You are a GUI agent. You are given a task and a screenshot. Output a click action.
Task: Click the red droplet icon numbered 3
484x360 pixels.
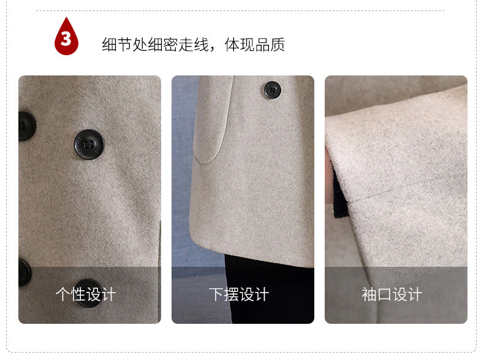[x=66, y=37]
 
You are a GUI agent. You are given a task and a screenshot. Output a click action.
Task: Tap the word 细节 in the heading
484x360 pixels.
[x=117, y=45]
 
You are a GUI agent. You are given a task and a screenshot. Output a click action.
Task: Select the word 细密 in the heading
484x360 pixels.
[x=163, y=45]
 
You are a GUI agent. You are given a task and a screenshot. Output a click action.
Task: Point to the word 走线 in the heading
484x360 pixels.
[x=194, y=45]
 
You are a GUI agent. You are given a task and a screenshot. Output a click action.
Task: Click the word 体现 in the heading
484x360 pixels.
[x=240, y=45]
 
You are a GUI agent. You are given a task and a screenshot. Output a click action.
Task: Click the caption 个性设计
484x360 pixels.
[x=86, y=294]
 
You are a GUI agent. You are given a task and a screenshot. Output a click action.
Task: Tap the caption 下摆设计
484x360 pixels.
[x=239, y=294]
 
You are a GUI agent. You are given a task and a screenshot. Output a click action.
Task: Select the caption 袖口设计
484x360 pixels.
[x=392, y=294]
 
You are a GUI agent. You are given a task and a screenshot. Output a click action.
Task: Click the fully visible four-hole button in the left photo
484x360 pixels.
[x=89, y=144]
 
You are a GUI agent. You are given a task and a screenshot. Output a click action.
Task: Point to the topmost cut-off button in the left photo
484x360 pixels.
[x=26, y=126]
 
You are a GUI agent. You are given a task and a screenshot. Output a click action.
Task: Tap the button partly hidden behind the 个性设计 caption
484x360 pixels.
[x=88, y=293]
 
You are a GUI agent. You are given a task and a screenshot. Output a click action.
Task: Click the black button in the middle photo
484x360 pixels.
[x=272, y=90]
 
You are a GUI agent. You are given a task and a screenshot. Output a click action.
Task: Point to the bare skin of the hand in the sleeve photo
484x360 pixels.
[x=329, y=176]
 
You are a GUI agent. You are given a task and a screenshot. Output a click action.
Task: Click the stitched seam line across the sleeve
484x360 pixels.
[x=408, y=188]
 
